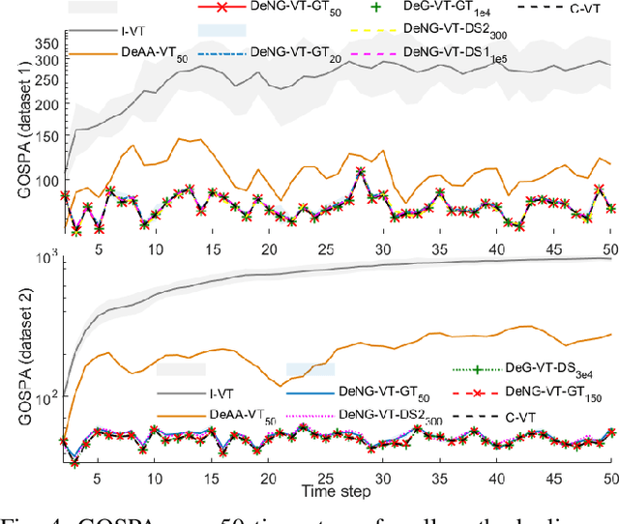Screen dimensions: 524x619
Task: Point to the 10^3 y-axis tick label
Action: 44,256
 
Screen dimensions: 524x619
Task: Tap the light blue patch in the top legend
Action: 221,31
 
